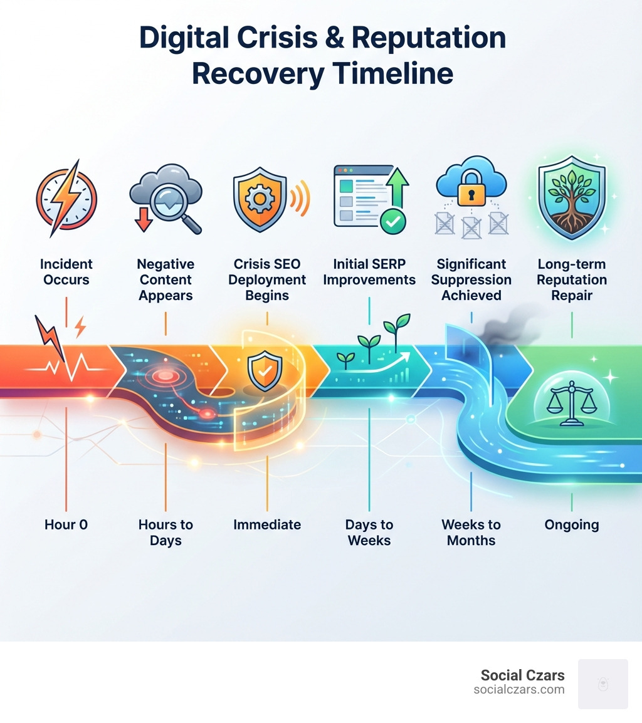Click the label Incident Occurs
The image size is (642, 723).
tap(66, 272)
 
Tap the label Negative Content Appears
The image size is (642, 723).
tap(166, 279)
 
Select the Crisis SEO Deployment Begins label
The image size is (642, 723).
tap(267, 279)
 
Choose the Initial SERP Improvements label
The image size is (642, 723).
tap(369, 272)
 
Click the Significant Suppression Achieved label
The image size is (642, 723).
tap(471, 279)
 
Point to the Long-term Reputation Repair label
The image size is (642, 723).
tap(572, 279)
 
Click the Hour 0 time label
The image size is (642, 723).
tap(66, 524)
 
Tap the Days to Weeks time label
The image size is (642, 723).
tap(369, 532)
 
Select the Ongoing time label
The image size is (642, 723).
tap(572, 524)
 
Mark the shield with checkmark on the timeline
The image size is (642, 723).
tap(260, 373)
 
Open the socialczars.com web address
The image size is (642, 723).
tap(519, 690)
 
